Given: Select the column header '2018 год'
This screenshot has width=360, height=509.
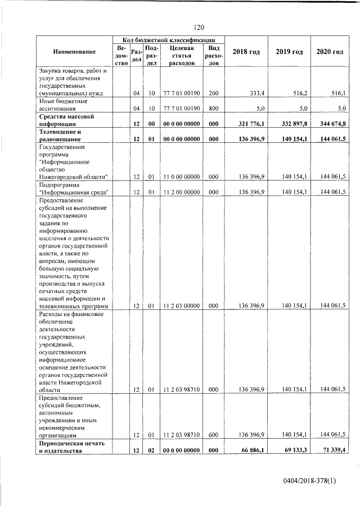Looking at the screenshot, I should [x=246, y=52].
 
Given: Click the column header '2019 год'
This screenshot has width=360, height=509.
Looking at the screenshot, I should [x=289, y=52].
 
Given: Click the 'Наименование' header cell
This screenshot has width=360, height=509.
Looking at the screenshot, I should [x=74, y=52].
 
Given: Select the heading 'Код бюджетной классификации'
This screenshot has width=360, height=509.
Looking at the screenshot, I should [x=168, y=40].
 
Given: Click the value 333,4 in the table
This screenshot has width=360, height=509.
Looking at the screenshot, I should [x=256, y=92].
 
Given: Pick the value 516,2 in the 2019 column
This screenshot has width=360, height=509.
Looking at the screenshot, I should [x=299, y=92].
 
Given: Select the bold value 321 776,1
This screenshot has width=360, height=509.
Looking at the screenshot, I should [x=248, y=124].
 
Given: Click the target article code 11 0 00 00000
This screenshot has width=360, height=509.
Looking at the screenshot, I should [x=181, y=177].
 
